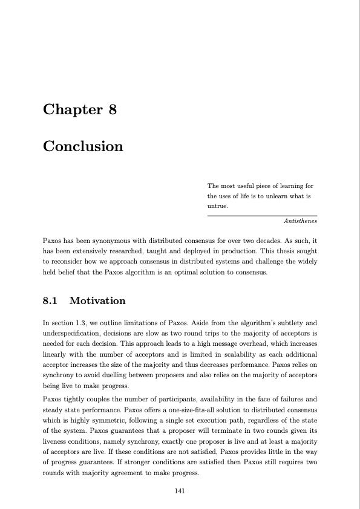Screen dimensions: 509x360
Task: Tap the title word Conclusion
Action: coord(83,146)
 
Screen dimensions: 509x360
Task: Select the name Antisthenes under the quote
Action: coord(300,222)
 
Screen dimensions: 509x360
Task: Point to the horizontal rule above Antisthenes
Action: coord(262,215)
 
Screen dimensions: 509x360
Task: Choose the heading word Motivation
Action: coord(97,300)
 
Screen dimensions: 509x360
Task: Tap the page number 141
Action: coord(179,491)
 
